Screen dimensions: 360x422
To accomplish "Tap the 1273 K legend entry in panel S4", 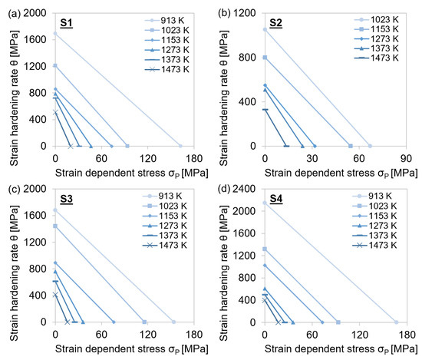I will tap(386, 227).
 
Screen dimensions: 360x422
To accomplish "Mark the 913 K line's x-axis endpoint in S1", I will tap(180, 146).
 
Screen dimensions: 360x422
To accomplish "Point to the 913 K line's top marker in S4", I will tap(265, 203).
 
